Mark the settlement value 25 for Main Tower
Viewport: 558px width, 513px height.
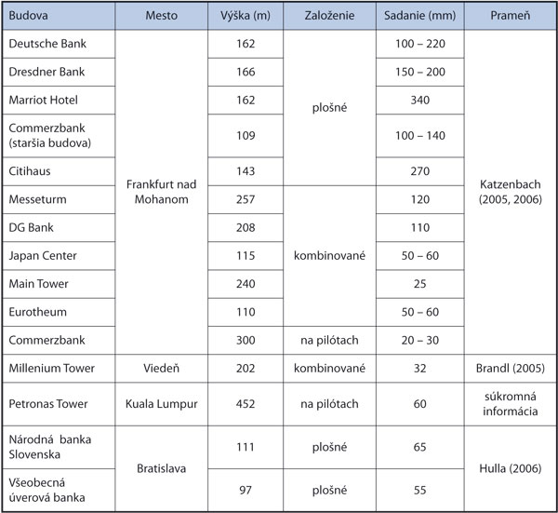[418, 282]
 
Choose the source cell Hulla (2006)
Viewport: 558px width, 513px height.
[509, 468]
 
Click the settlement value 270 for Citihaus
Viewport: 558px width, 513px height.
[418, 171]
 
